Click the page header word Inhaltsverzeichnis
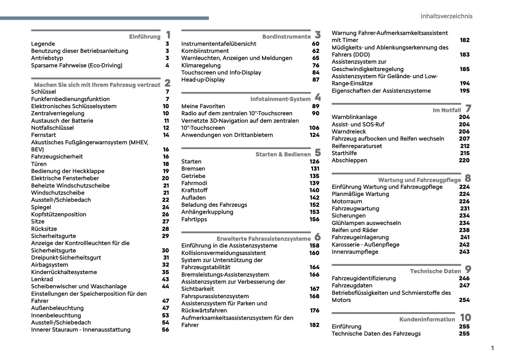[446, 16]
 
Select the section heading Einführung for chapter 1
[145, 36]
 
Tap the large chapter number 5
[318, 152]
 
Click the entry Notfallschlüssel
[52, 128]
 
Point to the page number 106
[314, 128]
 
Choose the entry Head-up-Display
[203, 80]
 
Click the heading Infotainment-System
[280, 99]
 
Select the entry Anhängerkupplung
[207, 212]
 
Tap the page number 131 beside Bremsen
[315, 169]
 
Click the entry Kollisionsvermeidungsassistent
[223, 253]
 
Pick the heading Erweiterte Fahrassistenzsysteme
[263, 239]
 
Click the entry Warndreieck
[349, 132]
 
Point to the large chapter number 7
[468, 108]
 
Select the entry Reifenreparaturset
[357, 146]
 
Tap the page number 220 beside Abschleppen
[464, 160]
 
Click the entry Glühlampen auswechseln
[366, 223]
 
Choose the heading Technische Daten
[435, 271]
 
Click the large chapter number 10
[465, 318]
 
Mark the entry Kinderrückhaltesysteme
[64, 272]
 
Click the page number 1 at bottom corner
[492, 348]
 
